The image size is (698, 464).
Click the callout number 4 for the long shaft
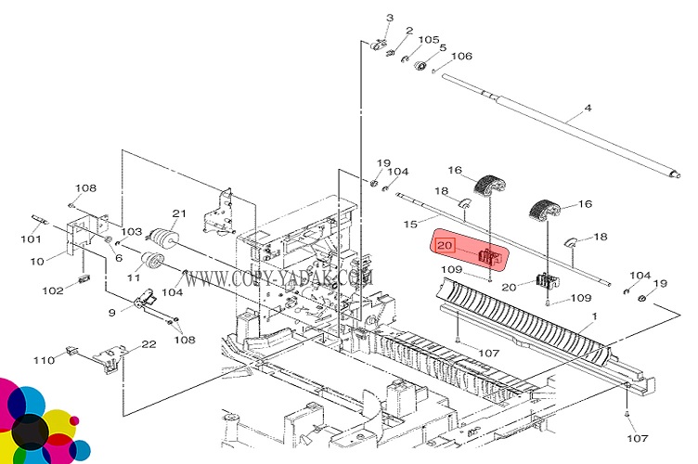[x=588, y=108]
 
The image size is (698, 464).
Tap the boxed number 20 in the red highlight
[x=445, y=245]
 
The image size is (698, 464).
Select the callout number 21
[x=179, y=213]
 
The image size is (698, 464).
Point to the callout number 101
[x=31, y=239]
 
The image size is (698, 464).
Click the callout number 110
[x=44, y=360]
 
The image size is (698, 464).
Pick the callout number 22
[x=149, y=344]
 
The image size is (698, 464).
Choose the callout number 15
[x=410, y=225]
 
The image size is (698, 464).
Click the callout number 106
[x=461, y=56]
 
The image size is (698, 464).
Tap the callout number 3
[x=390, y=18]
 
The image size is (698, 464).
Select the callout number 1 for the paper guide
[x=594, y=316]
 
